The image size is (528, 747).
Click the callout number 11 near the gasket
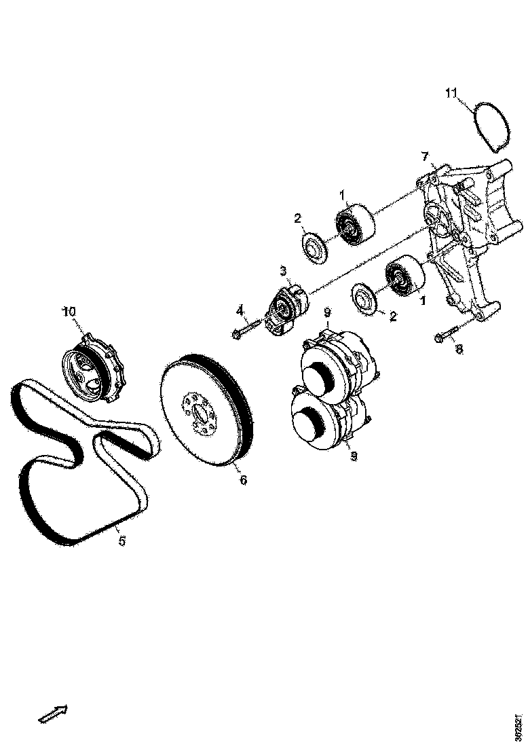[453, 93]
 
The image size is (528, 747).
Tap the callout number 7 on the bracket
[425, 157]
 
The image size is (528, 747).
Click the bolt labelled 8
[446, 335]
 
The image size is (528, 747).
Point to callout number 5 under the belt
[122, 541]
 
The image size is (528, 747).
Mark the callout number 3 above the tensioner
[283, 271]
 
